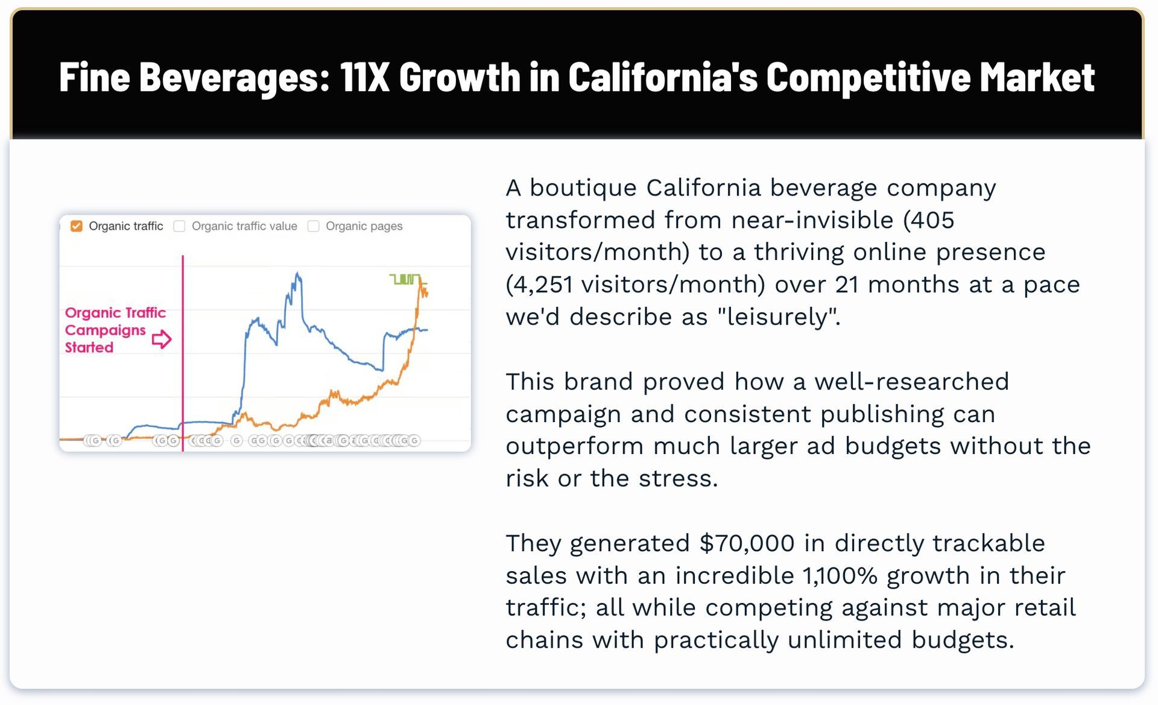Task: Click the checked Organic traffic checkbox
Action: pos(77,226)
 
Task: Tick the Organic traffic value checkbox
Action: pos(179,226)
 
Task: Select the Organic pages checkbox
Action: pos(313,226)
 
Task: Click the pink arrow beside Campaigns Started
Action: pos(162,339)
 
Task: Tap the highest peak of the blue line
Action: pos(297,274)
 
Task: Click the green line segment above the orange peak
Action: pos(405,279)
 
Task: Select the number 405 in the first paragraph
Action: pos(932,220)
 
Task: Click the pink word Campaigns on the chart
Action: pos(106,330)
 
